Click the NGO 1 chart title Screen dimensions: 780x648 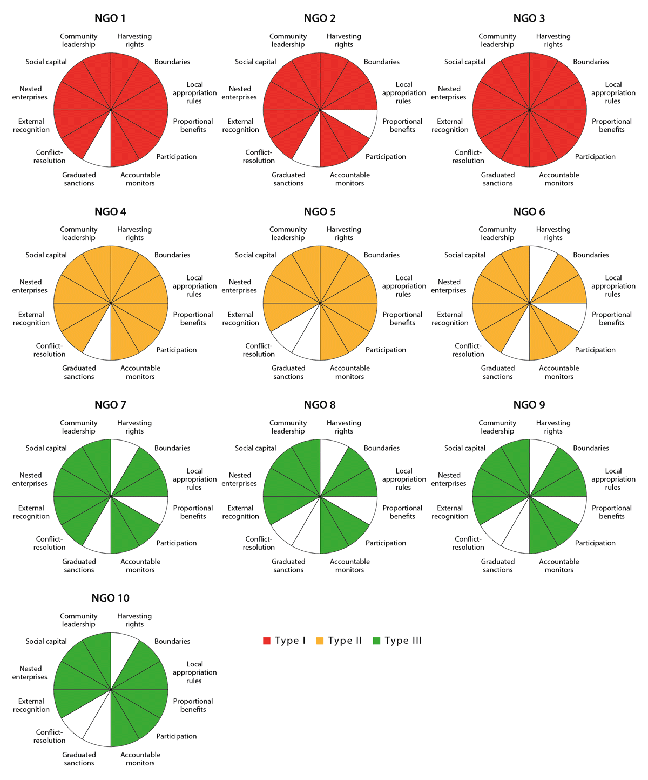110,18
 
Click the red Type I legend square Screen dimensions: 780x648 267,641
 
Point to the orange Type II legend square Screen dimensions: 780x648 320,641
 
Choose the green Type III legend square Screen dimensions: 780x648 376,641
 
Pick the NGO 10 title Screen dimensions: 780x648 110,598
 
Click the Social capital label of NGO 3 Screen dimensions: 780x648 465,62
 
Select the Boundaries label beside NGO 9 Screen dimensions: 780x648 591,448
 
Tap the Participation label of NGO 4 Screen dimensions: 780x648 177,350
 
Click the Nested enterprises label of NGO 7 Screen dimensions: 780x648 30,479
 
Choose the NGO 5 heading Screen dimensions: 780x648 320,211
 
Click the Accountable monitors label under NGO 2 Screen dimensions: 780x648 350,179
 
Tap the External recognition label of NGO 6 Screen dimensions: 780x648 450,318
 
